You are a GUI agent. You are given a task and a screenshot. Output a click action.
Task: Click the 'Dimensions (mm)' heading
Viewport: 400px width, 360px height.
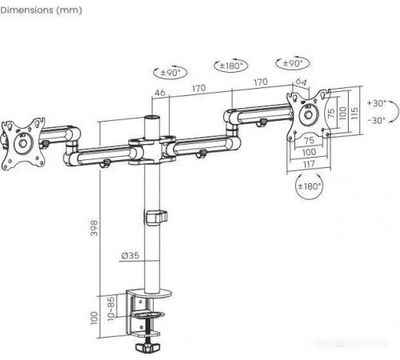41,10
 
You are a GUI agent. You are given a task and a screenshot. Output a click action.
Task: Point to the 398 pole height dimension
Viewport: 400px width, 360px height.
94,228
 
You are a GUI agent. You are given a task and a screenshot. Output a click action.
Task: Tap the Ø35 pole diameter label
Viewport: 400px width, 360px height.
130,255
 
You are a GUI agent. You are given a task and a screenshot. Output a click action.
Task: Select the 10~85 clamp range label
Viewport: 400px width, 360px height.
111,308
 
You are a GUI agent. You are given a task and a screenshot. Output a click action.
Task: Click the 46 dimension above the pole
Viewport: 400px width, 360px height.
160,93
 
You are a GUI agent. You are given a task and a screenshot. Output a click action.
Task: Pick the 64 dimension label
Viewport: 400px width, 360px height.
301,82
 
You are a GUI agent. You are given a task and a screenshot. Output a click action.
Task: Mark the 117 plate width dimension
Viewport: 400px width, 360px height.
309,164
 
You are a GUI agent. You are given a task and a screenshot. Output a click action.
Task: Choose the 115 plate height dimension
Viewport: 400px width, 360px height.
354,113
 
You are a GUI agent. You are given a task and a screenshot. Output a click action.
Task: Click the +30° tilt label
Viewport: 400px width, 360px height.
377,103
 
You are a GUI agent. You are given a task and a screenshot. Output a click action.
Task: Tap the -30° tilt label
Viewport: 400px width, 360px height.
376,120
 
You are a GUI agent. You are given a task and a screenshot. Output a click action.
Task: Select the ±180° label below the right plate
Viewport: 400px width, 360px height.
310,186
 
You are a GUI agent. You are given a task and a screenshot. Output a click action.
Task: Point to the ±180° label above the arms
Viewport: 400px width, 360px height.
231,66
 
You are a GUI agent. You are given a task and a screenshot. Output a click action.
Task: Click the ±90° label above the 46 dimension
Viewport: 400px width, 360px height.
170,72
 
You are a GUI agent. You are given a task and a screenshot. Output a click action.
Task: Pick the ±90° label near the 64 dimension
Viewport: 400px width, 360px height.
293,63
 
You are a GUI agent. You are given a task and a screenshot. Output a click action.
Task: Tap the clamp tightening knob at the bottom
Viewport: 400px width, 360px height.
147,347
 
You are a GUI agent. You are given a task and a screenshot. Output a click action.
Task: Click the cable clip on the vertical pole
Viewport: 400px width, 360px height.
156,218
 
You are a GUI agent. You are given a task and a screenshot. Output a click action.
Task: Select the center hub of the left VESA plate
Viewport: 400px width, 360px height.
22,143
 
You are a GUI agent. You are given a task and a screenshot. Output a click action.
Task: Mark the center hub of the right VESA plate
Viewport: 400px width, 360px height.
309,115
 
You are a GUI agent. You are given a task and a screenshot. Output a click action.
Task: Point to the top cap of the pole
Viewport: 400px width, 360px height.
152,118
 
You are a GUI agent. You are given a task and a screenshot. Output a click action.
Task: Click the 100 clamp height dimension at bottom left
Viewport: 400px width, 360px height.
94,318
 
